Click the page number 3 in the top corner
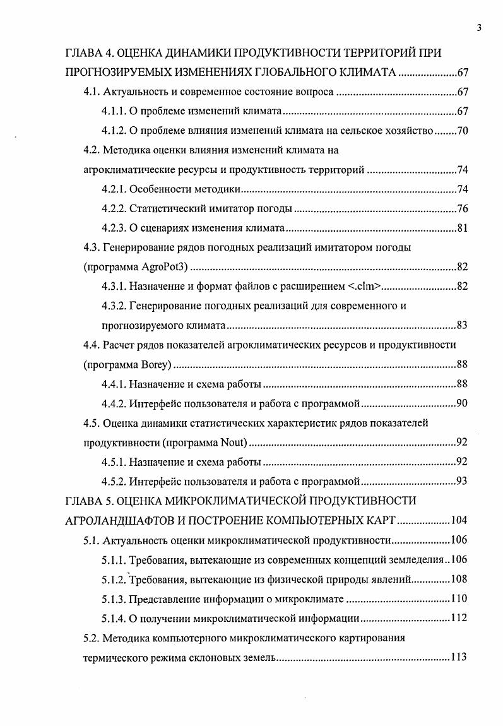(x=479, y=28)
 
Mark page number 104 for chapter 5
(x=458, y=521)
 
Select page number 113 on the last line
(x=458, y=657)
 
